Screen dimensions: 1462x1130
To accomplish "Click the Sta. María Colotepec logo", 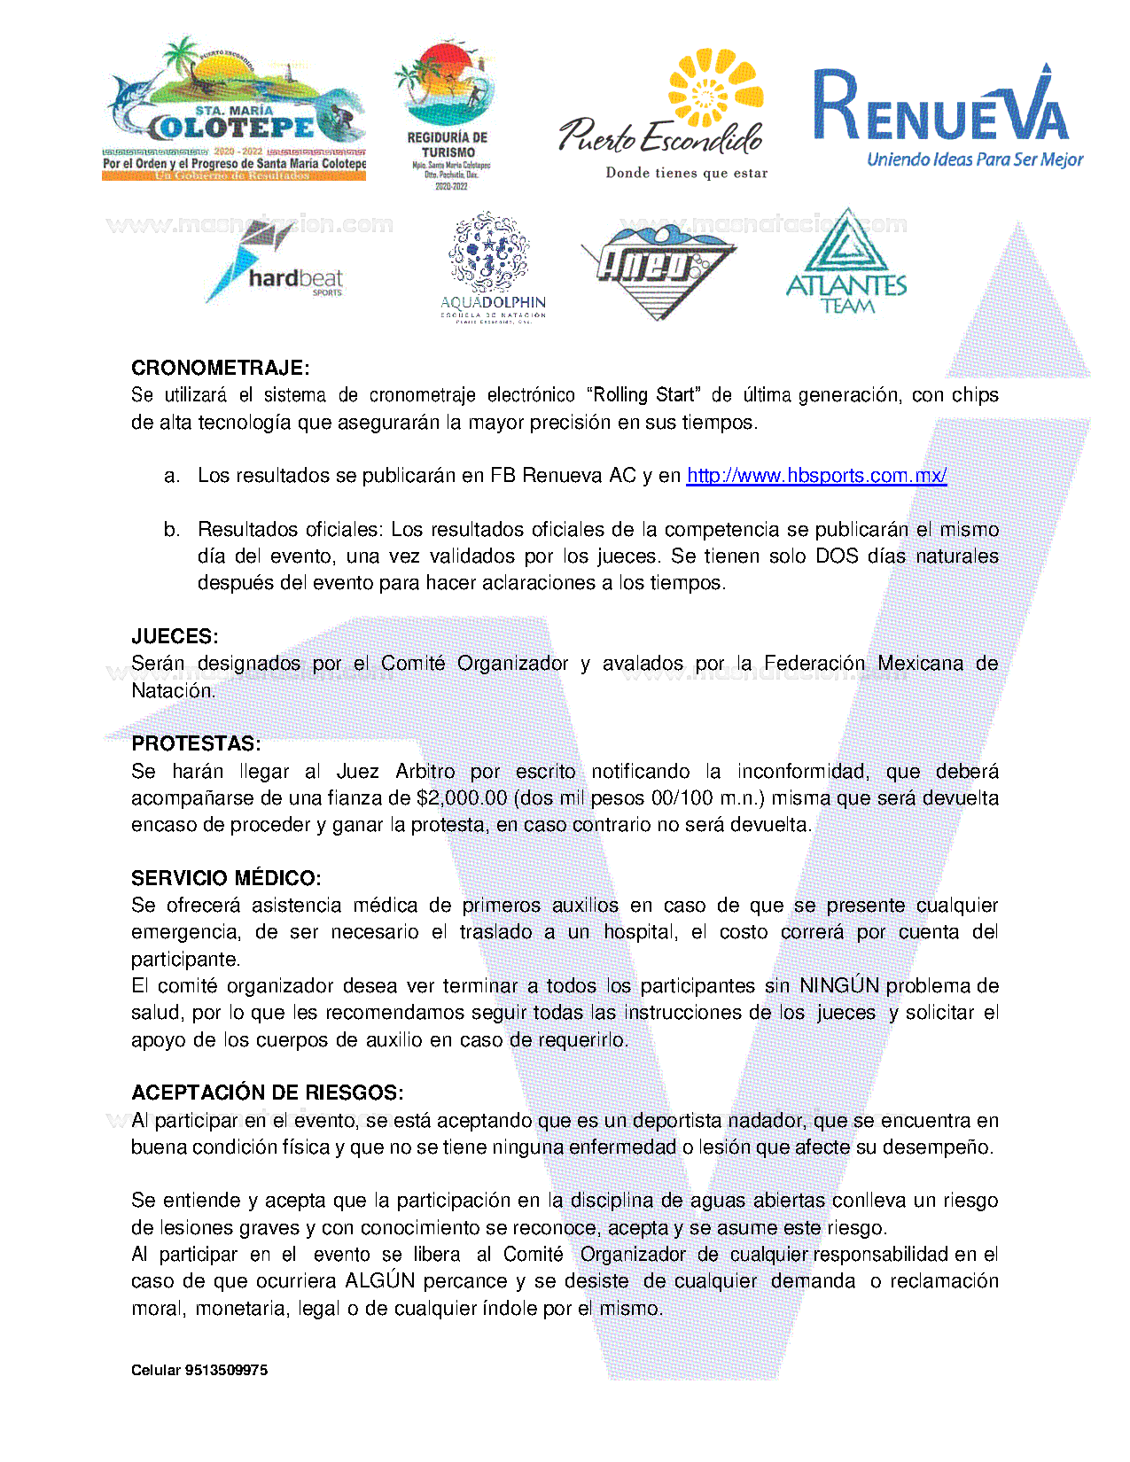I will pos(235,111).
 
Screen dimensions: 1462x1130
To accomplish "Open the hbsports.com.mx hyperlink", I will pos(816,476).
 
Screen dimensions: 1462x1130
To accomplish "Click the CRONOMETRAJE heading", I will pos(221,368).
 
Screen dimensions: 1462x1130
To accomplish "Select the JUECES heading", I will pos(175,636).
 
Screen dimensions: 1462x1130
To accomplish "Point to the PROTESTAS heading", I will pos(196,743).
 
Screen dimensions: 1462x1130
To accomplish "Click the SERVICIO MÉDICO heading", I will pos(226,878).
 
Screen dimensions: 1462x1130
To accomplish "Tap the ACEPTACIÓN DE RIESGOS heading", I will pos(268,1093).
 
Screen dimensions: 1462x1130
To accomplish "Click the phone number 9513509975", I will pos(226,1370).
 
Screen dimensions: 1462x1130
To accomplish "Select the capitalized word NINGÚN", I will pos(838,986).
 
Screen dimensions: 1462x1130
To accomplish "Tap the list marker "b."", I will pos(172,530).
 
